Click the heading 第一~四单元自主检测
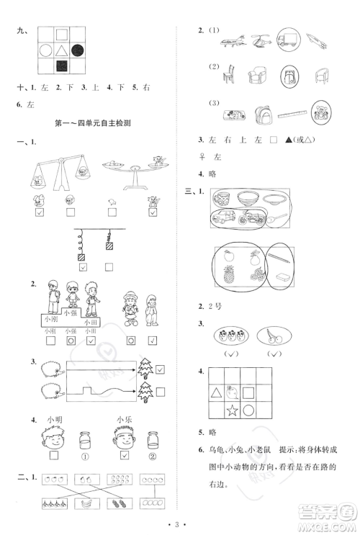coord(96,124)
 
